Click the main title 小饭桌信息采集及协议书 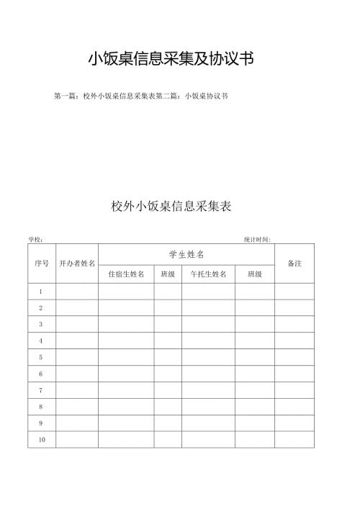pos(171,60)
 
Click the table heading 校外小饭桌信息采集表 pos(171,206)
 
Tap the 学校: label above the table pos(36,239)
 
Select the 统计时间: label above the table pos(257,239)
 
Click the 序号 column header pos(42,263)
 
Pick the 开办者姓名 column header pos(77,263)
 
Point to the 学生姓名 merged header pos(186,255)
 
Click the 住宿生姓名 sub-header pos(126,274)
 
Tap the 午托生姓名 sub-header pos(208,274)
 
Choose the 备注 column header pos(294,263)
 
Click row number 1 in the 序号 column pos(42,292)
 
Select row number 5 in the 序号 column pos(42,357)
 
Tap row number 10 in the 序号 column pos(42,439)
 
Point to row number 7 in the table pos(42,390)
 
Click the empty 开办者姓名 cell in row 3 pos(77,325)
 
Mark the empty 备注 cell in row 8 pos(294,407)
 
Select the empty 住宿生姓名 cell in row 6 pos(126,374)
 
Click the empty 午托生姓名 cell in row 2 pos(208,308)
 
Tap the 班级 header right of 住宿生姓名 pos(168,274)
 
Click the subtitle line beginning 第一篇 pos(141,96)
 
